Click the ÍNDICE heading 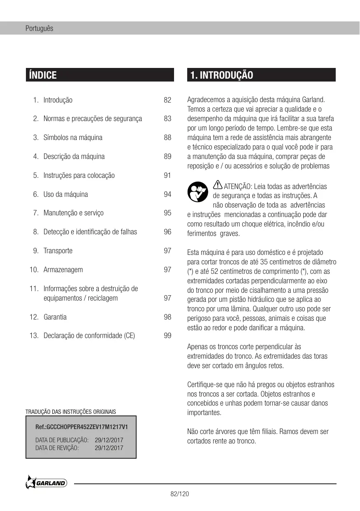42,75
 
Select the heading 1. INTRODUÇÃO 222,75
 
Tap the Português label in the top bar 39,29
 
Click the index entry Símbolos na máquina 73,138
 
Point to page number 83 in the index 167,119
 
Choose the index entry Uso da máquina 65,194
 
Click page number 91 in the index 167,175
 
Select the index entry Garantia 55,317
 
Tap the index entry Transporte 58,251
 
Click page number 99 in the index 167,336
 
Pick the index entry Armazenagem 63,270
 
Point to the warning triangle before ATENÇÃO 218,186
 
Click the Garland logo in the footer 46,483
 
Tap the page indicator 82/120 180,494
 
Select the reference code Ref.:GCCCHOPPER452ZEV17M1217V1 81,427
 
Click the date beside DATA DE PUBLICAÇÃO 109,440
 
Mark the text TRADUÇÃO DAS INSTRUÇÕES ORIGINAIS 71,412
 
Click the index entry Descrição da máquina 74,156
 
